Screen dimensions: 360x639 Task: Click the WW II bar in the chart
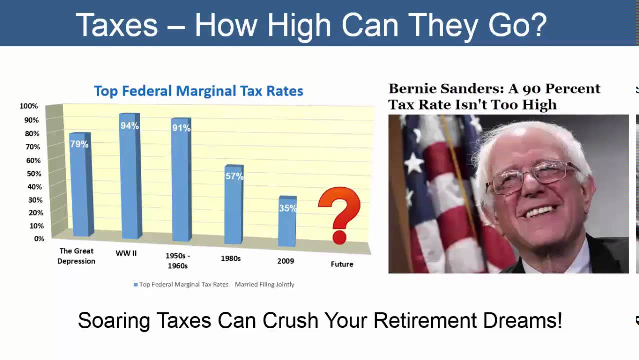[x=130, y=180]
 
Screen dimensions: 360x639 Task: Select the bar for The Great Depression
[x=80, y=190]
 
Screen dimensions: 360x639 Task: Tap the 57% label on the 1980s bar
[x=234, y=176]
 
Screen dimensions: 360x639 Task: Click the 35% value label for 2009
[x=288, y=208]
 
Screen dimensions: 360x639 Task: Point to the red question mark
[x=339, y=215]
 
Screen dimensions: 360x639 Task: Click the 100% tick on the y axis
[x=29, y=106]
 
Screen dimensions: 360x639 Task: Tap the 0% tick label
[x=39, y=239]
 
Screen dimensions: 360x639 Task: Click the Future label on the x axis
[x=342, y=264]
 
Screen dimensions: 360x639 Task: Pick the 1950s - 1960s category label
[x=178, y=261]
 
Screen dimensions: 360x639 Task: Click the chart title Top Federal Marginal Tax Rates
[x=198, y=91]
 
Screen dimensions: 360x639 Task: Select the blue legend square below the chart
[x=135, y=285]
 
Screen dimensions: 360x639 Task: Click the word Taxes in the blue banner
[x=116, y=25]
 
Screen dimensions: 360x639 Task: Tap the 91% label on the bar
[x=181, y=128]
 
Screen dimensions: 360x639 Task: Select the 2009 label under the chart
[x=286, y=261]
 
